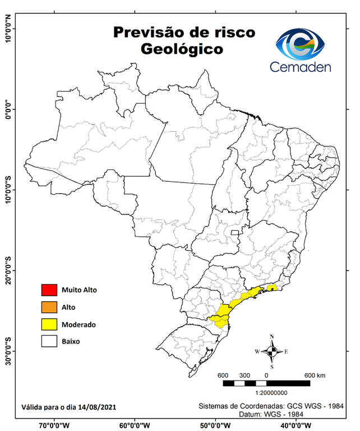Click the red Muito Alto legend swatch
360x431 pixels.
pyautogui.click(x=49, y=290)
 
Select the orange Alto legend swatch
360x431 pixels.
pyautogui.click(x=49, y=307)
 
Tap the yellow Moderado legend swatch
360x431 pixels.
pyautogui.click(x=49, y=324)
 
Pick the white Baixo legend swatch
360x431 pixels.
pyautogui.click(x=49, y=341)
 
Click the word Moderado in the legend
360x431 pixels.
pyautogui.click(x=79, y=324)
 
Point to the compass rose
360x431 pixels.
pyautogui.click(x=272, y=351)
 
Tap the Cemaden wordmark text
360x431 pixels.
pyautogui.click(x=301, y=67)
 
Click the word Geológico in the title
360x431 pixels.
pyautogui.click(x=182, y=49)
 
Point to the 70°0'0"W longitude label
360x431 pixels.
pyautogui.click(x=54, y=425)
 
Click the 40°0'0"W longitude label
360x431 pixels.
pyautogui.click(x=296, y=425)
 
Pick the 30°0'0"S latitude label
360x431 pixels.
pyautogui.click(x=8, y=351)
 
